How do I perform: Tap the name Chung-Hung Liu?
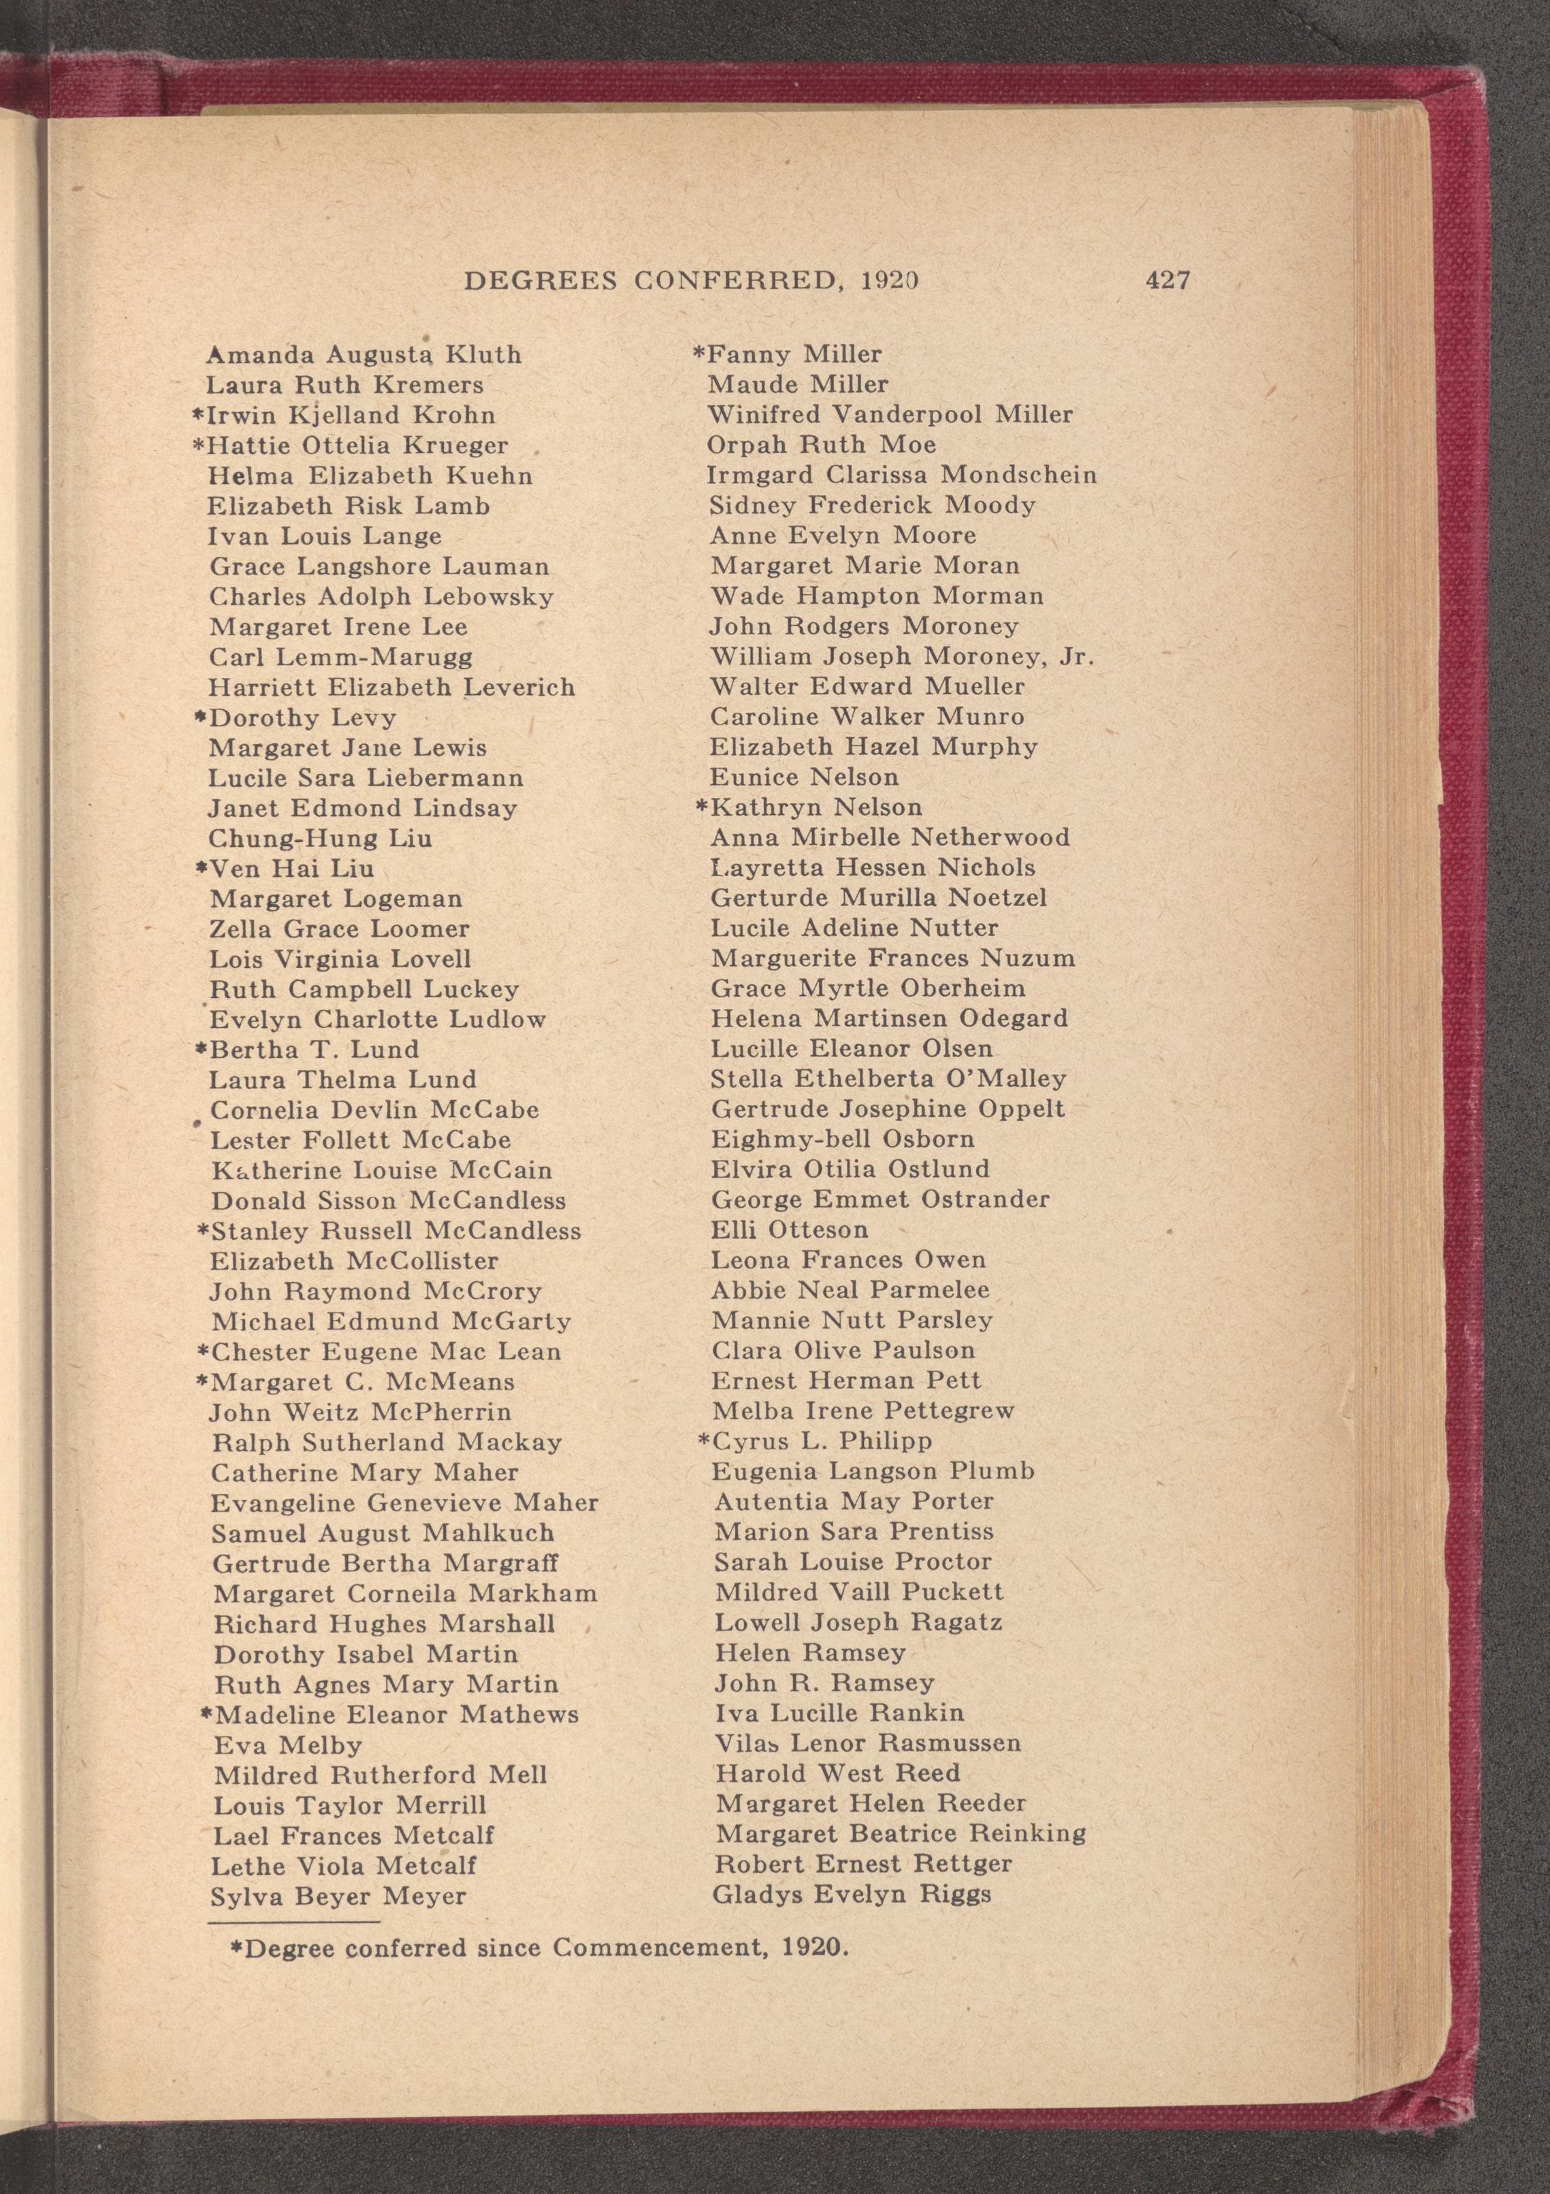point(320,839)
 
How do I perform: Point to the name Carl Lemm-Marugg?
point(341,658)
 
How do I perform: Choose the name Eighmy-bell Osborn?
point(842,1139)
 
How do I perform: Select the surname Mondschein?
point(1018,475)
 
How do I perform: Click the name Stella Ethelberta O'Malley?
point(888,1079)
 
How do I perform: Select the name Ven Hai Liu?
point(291,869)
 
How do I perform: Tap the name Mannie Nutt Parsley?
point(852,1321)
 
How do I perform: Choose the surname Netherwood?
point(990,838)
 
